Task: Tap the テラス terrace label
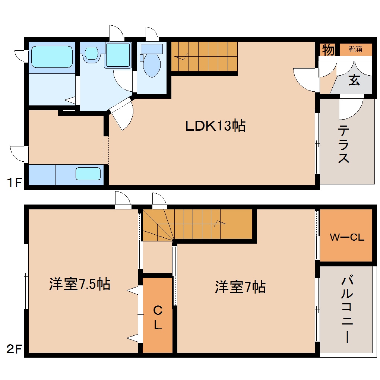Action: pos(344,145)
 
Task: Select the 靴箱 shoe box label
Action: pos(355,49)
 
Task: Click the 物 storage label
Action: pos(328,50)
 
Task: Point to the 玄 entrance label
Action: pos(354,80)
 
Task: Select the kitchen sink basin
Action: pos(88,174)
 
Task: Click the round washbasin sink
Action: pos(91,53)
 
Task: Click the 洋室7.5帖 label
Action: pos(79,284)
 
